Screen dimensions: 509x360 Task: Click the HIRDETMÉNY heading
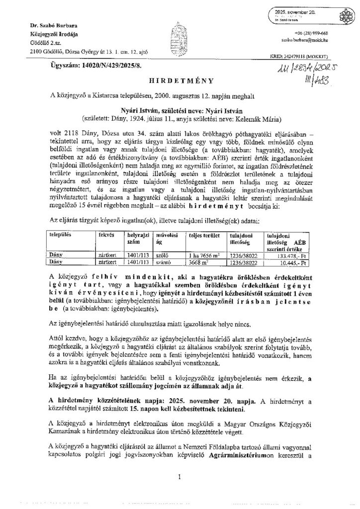point(180,80)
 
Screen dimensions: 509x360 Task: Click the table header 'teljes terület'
point(200,233)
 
